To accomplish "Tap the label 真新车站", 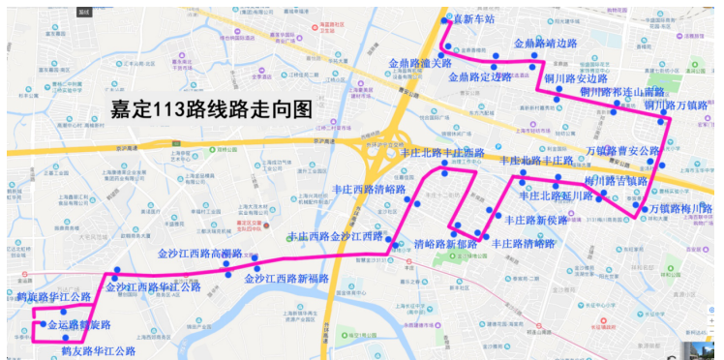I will tap(474, 19).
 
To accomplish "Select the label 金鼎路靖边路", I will tap(545, 44).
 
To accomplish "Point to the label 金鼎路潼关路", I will tap(420, 64).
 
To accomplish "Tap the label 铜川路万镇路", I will tap(678, 105).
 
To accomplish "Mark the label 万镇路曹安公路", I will tap(622, 151).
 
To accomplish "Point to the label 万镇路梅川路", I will tap(679, 208).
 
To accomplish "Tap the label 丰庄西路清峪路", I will tap(369, 190).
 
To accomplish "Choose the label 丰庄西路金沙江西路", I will tap(336, 236).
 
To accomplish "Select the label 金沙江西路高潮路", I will tap(199, 254).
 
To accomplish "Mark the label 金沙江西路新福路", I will tap(287, 279).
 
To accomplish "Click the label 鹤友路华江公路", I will tap(99, 350).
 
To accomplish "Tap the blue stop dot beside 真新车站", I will tap(444, 20).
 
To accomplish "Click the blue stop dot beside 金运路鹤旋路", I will tap(43, 324).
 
